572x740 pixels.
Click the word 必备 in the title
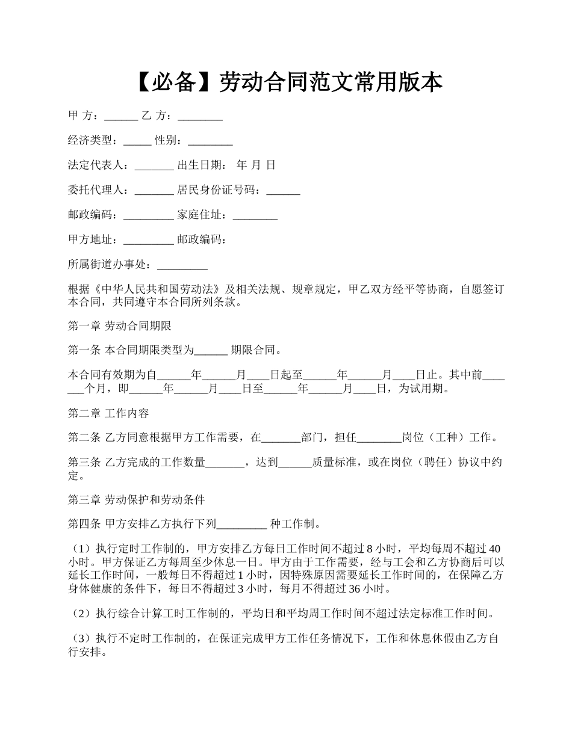click(x=176, y=82)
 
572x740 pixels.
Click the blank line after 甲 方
click(x=121, y=117)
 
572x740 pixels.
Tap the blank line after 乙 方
click(x=201, y=117)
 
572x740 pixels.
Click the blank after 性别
click(x=210, y=142)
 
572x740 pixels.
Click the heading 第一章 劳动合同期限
click(x=120, y=327)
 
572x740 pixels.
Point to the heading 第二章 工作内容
click(x=108, y=413)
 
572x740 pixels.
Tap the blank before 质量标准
click(x=295, y=463)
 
